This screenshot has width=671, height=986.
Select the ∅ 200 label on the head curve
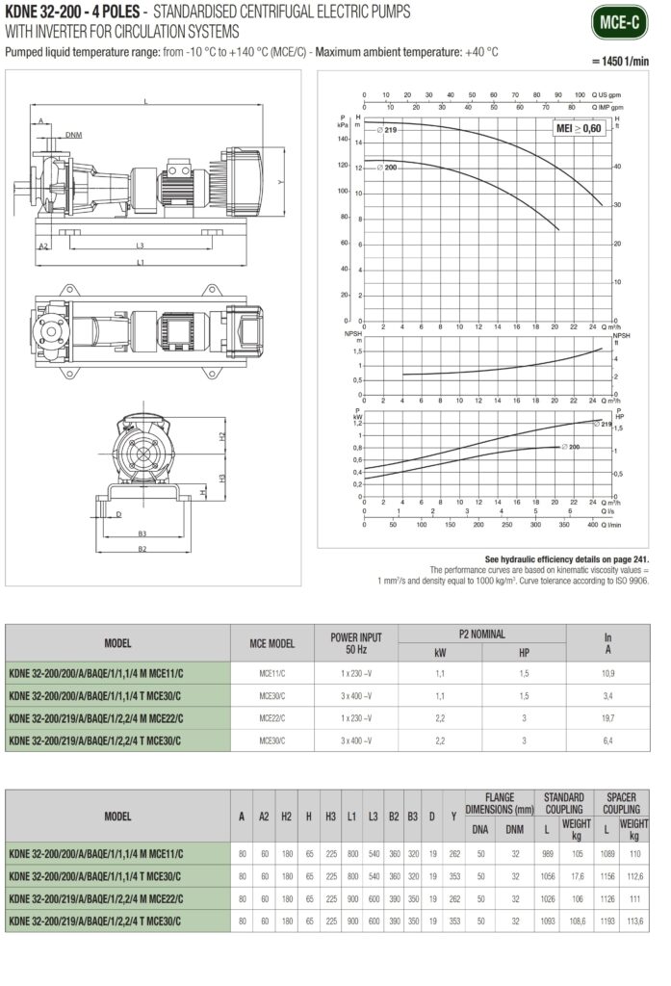point(389,168)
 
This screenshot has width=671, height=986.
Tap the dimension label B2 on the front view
point(142,549)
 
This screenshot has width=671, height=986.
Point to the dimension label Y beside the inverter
point(280,181)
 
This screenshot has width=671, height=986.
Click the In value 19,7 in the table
point(607,718)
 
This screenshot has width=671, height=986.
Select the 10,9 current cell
point(607,674)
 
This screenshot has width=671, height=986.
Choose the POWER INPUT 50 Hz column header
point(356,642)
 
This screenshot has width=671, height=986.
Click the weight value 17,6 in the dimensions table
point(577,876)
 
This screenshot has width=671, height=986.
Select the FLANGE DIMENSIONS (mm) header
point(498,803)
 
